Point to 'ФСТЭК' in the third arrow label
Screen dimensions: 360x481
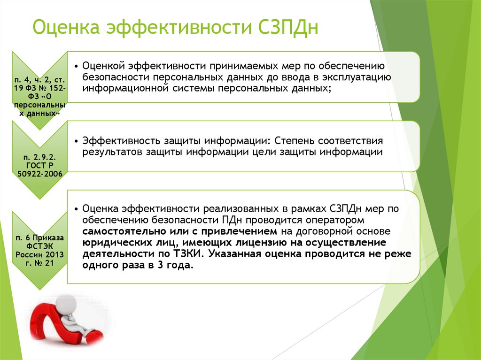tap(40, 246)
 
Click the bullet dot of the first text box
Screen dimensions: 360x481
tap(77, 66)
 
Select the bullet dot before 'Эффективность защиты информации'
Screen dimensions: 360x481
tap(77, 141)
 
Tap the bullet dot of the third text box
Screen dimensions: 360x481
tap(77, 209)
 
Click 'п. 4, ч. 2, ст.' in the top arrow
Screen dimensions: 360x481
tap(39, 80)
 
